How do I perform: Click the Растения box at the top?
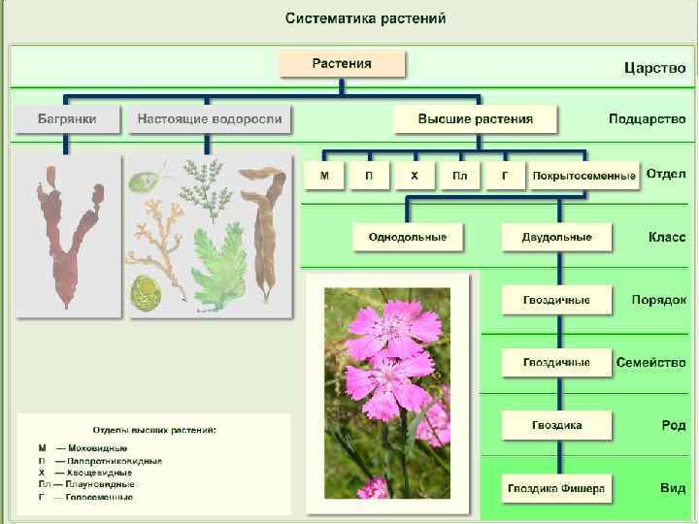pyautogui.click(x=342, y=65)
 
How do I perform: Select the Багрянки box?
pyautogui.click(x=66, y=119)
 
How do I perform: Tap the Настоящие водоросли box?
pyautogui.click(x=210, y=119)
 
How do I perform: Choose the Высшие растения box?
pyautogui.click(x=475, y=119)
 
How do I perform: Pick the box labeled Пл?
pyautogui.click(x=459, y=176)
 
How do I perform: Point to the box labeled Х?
pyautogui.click(x=415, y=176)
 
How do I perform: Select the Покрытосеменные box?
pyautogui.click(x=582, y=176)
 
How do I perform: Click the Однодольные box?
pyautogui.click(x=407, y=237)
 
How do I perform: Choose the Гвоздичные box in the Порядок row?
pyautogui.click(x=556, y=300)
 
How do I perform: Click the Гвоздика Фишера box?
pyautogui.click(x=556, y=488)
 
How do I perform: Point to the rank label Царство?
pyautogui.click(x=654, y=69)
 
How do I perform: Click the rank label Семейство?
pyautogui.click(x=650, y=362)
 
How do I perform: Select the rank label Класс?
pyautogui.click(x=666, y=237)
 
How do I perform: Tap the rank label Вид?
pyautogui.click(x=673, y=488)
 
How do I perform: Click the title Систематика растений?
pyautogui.click(x=366, y=19)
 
